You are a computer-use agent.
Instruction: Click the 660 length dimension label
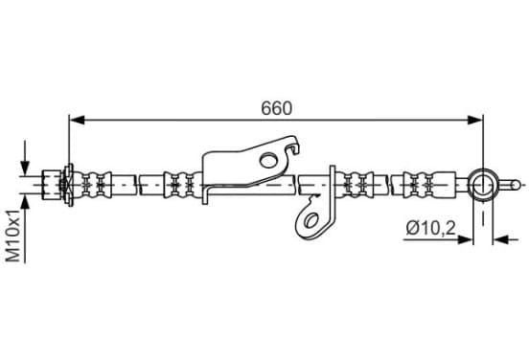point(276,108)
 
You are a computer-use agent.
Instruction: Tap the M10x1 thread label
point(14,236)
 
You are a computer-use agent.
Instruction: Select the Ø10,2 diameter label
point(431,228)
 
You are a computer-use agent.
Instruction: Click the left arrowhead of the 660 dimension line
point(77,120)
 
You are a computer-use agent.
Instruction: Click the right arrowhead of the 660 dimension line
point(475,120)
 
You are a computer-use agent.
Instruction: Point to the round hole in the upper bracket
point(269,160)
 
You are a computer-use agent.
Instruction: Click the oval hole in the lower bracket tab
point(311,220)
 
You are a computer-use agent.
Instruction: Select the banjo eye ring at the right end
point(483,185)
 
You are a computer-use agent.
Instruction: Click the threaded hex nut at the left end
point(52,185)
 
